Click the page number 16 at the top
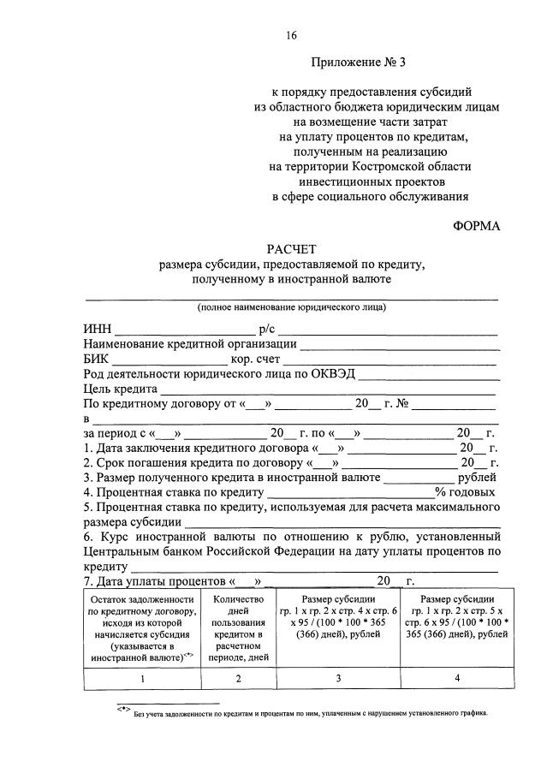click(x=291, y=35)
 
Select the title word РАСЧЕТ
click(x=291, y=249)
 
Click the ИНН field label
click(x=97, y=330)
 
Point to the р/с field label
click(x=266, y=330)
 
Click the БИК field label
click(x=97, y=360)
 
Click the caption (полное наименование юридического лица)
click(x=291, y=306)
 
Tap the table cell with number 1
click(x=141, y=677)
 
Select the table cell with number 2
click(x=237, y=677)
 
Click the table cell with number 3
click(x=337, y=677)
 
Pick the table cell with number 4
click(x=457, y=677)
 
